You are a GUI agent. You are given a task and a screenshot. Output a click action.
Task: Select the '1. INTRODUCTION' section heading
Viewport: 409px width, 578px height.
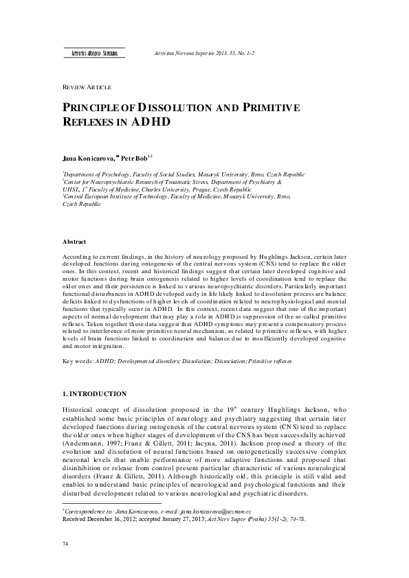[x=94, y=393]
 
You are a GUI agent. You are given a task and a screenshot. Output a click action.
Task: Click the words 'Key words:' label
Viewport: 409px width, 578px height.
[x=76, y=360]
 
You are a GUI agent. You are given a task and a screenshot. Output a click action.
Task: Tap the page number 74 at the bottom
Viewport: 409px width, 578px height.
[x=66, y=544]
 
